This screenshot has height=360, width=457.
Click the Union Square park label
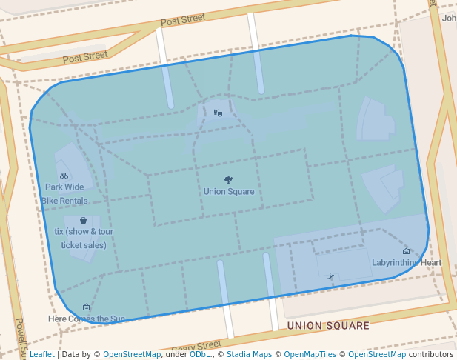point(229,192)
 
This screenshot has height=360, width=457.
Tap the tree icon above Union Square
point(228,180)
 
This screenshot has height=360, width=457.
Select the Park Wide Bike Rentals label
point(64,194)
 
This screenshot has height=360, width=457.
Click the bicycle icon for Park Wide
point(64,176)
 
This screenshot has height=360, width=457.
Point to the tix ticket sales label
point(84,238)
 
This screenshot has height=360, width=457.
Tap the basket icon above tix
point(83,220)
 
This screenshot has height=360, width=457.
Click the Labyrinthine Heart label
point(406,263)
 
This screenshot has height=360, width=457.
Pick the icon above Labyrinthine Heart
point(406,252)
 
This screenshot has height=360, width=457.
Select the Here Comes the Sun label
point(87,319)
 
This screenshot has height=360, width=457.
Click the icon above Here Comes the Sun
point(87,307)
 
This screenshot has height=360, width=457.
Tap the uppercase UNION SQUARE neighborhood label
point(327,326)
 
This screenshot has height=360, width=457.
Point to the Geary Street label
point(196,346)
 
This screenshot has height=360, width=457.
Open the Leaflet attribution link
point(41,355)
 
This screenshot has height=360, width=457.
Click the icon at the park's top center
point(218,113)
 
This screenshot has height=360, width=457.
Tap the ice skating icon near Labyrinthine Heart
point(330,276)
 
